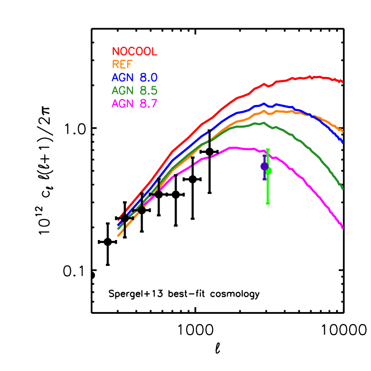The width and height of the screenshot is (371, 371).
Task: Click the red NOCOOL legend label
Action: pyautogui.click(x=135, y=52)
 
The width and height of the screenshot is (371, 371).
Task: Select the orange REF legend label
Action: pyautogui.click(x=122, y=65)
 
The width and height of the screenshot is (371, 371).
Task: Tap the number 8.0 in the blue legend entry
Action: pyautogui.click(x=148, y=78)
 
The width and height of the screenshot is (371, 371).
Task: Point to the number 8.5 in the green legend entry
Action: pyautogui.click(x=148, y=91)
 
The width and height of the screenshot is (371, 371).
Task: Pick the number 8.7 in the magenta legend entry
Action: pyautogui.click(x=148, y=104)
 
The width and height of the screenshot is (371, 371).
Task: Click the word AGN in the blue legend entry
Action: pyautogui.click(x=122, y=78)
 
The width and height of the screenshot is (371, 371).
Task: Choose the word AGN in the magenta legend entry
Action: pyautogui.click(x=122, y=104)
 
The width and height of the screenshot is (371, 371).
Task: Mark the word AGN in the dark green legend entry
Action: pyautogui.click(x=122, y=91)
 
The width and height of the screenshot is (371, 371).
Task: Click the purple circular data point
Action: pyautogui.click(x=264, y=166)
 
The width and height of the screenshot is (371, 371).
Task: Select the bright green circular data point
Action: pyautogui.click(x=268, y=170)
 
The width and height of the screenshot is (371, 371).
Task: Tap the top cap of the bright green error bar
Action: pyautogui.click(x=267, y=149)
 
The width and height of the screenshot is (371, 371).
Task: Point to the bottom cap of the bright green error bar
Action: pyautogui.click(x=267, y=203)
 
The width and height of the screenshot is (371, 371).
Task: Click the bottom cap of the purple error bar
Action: pyautogui.click(x=264, y=179)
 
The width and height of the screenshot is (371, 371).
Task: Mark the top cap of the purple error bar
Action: pyautogui.click(x=264, y=154)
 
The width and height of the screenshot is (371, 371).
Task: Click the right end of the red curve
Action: pyautogui.click(x=342, y=82)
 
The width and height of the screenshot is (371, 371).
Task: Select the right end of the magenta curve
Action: pyautogui.click(x=343, y=228)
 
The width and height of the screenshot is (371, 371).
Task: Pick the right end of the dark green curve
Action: pyautogui.click(x=343, y=189)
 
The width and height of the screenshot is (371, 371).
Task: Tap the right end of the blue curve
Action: pyautogui.click(x=343, y=142)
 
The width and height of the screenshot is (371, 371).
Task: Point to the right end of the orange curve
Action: pyautogui.click(x=343, y=131)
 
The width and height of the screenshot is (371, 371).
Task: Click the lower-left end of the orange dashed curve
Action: pyautogui.click(x=118, y=236)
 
